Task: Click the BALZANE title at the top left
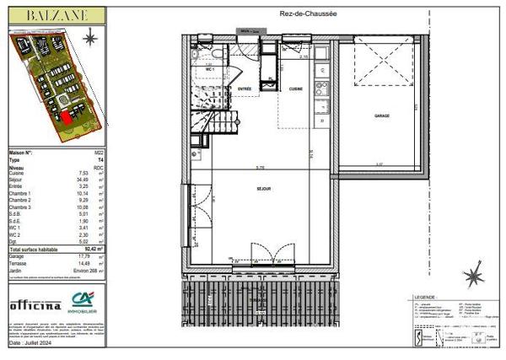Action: pos(56,15)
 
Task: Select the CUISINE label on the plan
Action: pos(296,89)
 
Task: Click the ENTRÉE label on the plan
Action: pos(245,89)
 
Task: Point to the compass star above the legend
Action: pos(476,274)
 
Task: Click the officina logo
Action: pos(35,304)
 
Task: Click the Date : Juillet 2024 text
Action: pos(32,344)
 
